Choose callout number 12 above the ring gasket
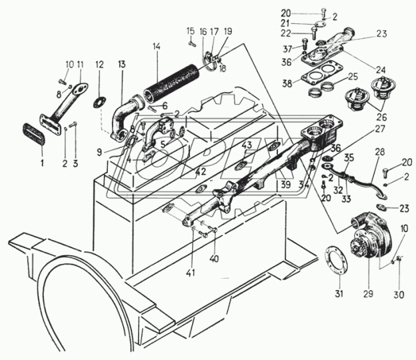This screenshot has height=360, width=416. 99,65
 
